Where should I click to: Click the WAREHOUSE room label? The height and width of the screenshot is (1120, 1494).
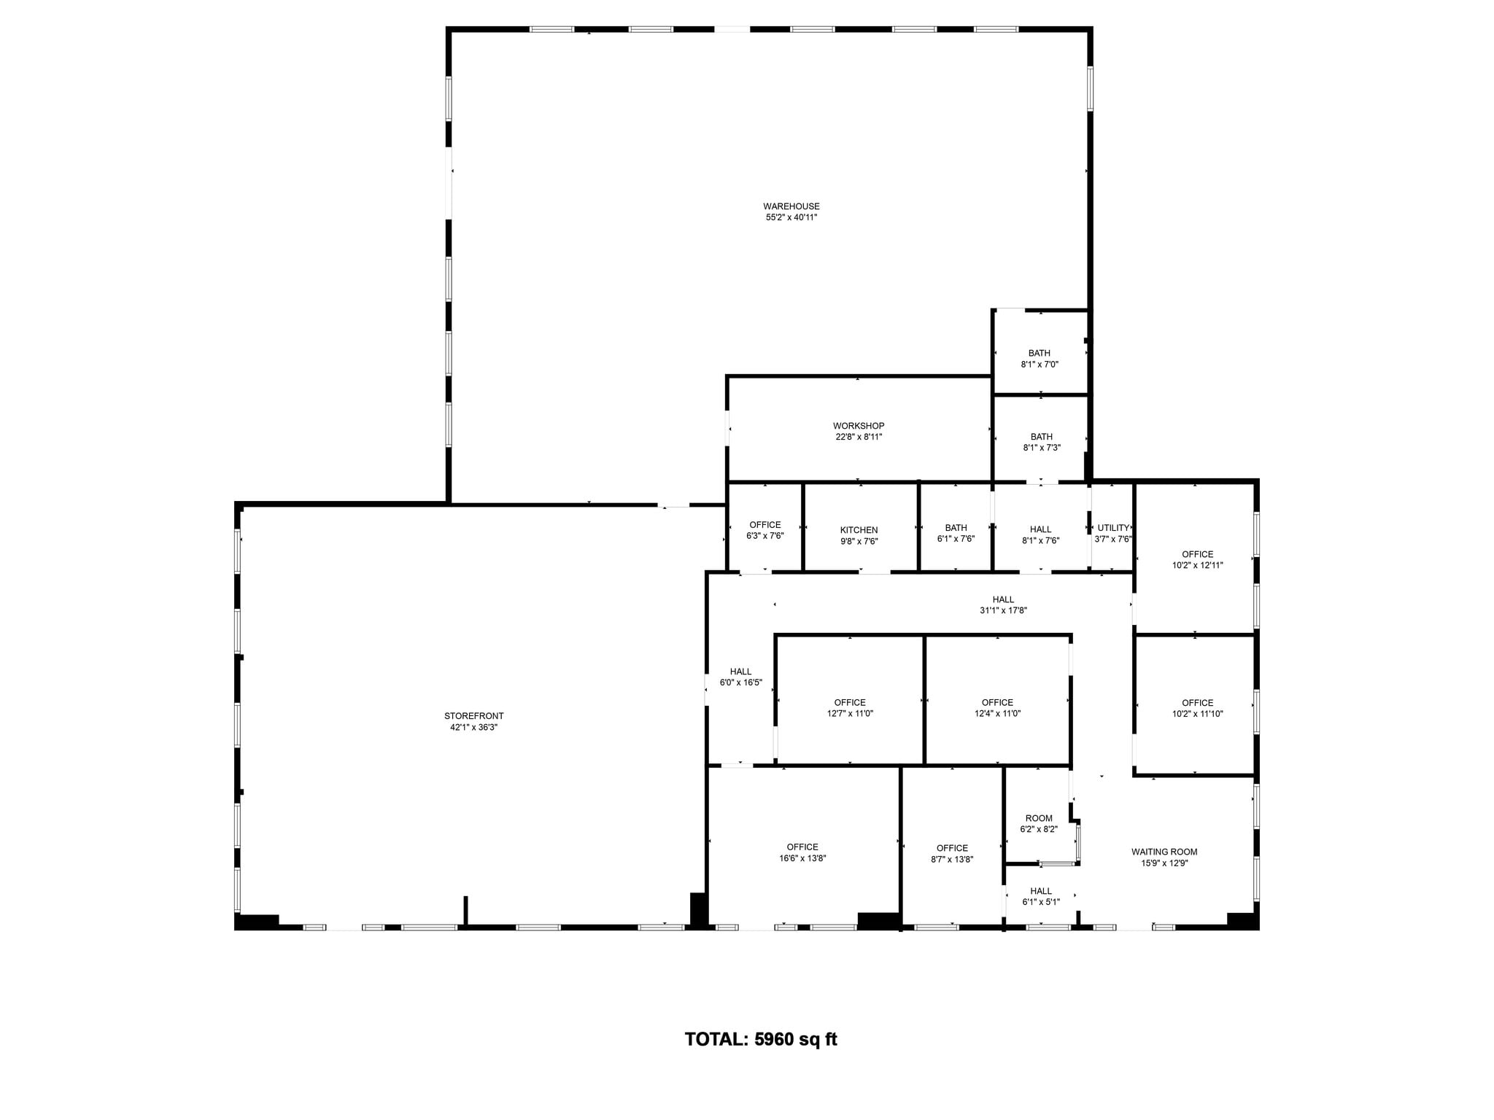791,206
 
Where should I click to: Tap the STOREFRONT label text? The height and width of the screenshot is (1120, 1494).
473,716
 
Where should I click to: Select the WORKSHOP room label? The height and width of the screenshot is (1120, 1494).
859,426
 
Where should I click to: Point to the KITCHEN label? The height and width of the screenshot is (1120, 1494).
859,530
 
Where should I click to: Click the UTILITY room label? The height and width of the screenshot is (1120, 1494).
1113,528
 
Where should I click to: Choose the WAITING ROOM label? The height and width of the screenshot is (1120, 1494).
1164,852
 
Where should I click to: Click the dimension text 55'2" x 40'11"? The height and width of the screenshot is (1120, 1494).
791,217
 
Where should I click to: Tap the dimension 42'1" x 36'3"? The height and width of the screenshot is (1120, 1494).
473,727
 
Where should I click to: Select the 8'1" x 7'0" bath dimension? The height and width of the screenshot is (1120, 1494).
1040,364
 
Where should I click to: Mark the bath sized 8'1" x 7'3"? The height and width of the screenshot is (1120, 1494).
1041,448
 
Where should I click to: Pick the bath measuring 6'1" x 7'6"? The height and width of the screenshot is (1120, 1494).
956,539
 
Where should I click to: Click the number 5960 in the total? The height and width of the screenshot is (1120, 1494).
773,1040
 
